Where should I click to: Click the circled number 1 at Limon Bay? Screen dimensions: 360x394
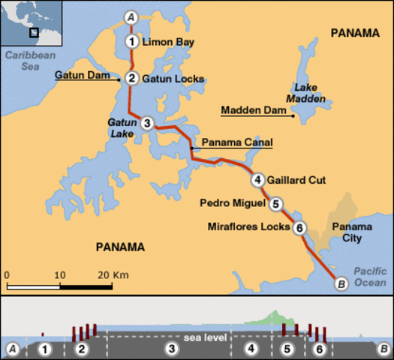pyautogui.click(x=132, y=41)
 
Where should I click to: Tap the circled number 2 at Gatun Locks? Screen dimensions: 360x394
pyautogui.click(x=131, y=78)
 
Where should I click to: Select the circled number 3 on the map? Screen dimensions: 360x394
pyautogui.click(x=147, y=123)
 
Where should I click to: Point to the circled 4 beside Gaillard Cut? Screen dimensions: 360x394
pyautogui.click(x=258, y=179)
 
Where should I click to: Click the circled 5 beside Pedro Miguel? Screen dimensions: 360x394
pyautogui.click(x=276, y=202)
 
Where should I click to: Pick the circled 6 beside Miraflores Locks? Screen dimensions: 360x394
pyautogui.click(x=299, y=228)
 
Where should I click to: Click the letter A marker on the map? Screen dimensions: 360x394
pyautogui.click(x=132, y=16)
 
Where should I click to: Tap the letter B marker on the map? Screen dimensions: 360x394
pyautogui.click(x=341, y=283)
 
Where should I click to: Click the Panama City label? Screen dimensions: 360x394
pyautogui.click(x=347, y=232)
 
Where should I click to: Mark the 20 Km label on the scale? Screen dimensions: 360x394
pyautogui.click(x=114, y=275)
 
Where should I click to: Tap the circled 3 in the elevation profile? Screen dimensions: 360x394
pyautogui.click(x=172, y=349)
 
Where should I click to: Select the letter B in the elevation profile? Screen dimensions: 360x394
pyautogui.click(x=382, y=349)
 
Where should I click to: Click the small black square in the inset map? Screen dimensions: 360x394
pyautogui.click(x=34, y=31)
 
